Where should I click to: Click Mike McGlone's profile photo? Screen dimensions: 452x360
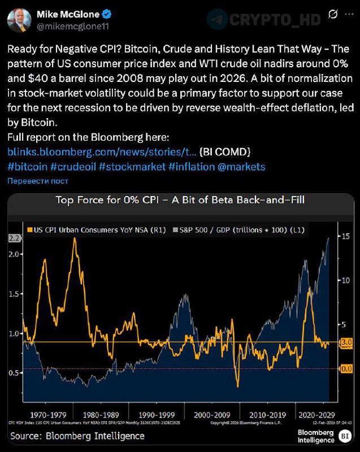tap(19, 20)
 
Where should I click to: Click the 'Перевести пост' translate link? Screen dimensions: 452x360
tap(37, 181)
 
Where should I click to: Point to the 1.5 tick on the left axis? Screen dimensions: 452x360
tap(14, 294)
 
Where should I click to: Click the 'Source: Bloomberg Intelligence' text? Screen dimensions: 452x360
tap(77, 436)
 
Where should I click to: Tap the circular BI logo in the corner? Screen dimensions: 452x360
tap(345, 436)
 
